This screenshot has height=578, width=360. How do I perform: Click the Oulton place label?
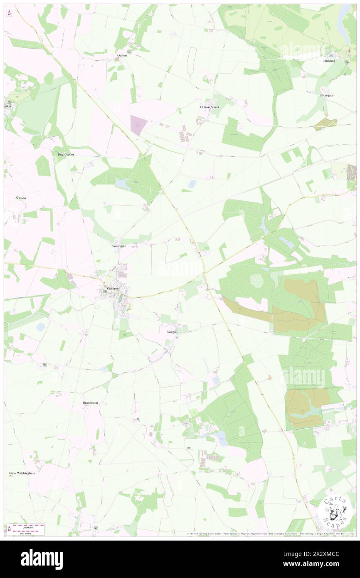tap(122, 55)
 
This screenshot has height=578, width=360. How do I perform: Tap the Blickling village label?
tap(329, 61)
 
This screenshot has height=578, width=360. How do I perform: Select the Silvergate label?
tap(326, 95)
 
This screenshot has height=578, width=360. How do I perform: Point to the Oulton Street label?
tap(209, 107)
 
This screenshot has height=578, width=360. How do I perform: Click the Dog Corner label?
tap(66, 154)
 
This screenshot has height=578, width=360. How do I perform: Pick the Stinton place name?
tap(20, 198)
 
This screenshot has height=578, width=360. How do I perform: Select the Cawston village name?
tap(113, 288)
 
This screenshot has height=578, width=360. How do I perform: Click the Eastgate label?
tap(172, 332)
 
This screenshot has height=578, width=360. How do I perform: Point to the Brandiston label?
tap(90, 403)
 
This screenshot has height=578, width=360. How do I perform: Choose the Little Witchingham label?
tap(22, 473)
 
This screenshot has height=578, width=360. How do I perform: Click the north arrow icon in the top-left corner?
tap(9, 12)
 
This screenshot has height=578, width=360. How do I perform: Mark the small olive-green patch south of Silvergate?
tap(325, 124)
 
